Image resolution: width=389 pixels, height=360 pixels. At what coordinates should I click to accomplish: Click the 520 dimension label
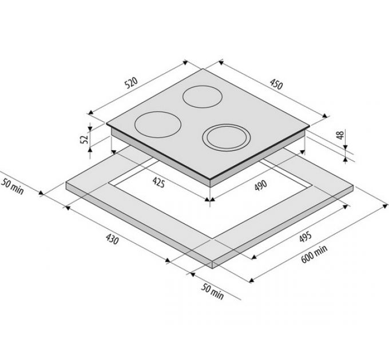[131, 83]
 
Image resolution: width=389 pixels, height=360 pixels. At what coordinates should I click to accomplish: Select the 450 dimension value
[276, 84]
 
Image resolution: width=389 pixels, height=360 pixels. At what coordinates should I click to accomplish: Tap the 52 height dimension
[84, 139]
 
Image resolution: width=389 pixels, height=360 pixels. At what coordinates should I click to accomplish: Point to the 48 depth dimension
[340, 134]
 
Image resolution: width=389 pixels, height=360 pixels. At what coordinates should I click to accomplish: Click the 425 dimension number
[158, 182]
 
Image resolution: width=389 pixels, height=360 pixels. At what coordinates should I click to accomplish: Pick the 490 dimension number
[261, 185]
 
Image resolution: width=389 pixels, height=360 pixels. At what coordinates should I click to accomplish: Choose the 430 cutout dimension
[112, 239]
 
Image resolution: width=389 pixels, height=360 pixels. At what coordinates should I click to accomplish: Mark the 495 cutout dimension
[305, 237]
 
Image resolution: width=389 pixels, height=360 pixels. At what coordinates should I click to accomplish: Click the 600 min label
[314, 254]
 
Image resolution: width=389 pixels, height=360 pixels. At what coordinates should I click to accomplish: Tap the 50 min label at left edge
[13, 186]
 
